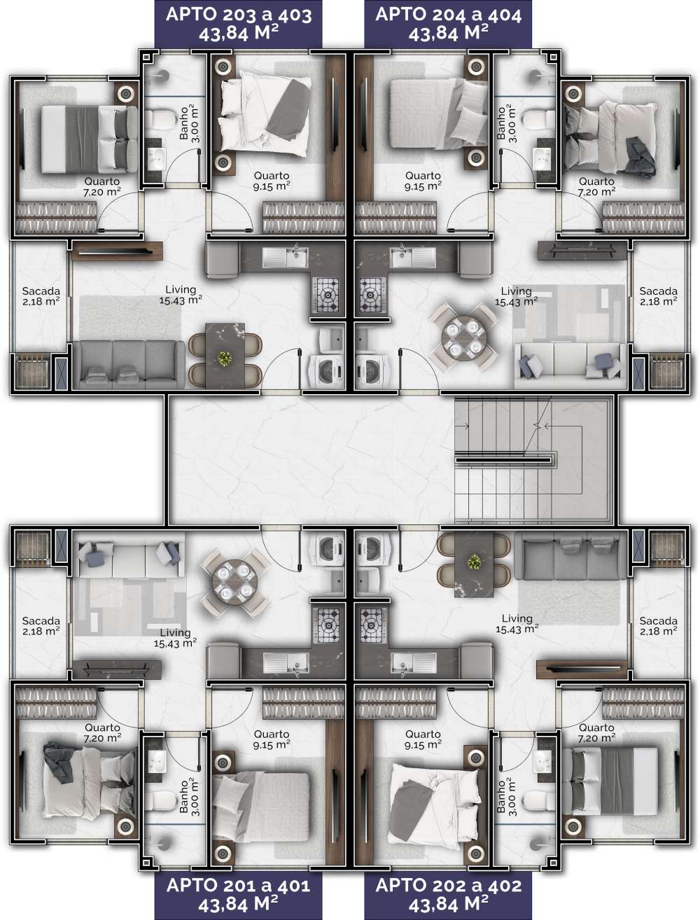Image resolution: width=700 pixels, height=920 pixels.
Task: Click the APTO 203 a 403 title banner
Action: [239, 24]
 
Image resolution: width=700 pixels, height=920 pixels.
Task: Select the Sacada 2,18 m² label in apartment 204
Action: [658, 296]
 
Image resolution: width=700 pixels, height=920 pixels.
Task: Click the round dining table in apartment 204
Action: [464, 339]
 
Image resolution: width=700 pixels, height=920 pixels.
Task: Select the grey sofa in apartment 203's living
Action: [128, 364]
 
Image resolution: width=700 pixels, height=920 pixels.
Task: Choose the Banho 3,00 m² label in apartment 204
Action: [506, 124]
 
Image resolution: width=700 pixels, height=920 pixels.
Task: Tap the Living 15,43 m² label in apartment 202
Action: [517, 623]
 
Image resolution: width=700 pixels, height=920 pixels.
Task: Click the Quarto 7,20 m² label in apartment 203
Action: [102, 186]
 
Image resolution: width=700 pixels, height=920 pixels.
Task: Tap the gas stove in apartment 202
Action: [371, 625]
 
